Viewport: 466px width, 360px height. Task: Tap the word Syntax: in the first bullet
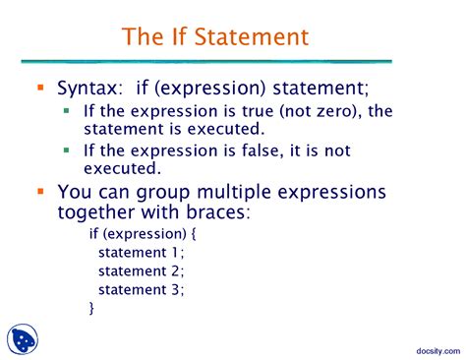91,89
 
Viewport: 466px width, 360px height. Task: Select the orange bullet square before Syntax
40,89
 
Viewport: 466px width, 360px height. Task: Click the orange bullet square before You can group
40,191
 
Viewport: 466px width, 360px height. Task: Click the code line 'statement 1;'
141,253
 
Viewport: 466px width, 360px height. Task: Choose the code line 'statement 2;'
141,271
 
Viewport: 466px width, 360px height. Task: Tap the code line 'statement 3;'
141,289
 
